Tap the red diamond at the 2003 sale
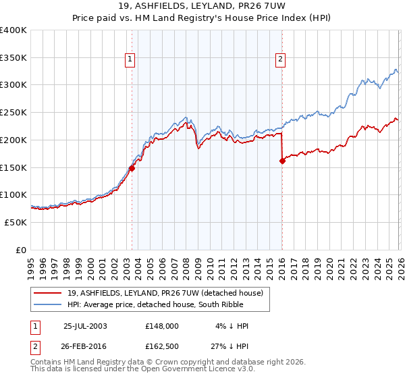coord(132,168)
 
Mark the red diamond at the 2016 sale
coord(282,160)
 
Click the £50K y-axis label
coord(13,222)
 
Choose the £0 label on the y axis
coord(22,250)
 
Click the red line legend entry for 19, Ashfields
coord(169,293)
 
